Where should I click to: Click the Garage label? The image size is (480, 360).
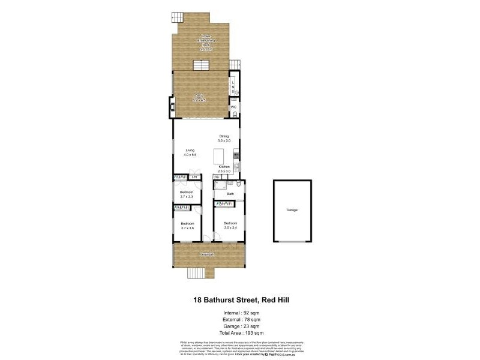click(292, 210)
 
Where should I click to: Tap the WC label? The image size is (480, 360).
click(234, 107)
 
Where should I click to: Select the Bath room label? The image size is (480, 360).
click(230, 194)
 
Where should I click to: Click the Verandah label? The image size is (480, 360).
click(209, 254)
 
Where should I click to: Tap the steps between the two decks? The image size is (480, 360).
click(200, 65)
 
